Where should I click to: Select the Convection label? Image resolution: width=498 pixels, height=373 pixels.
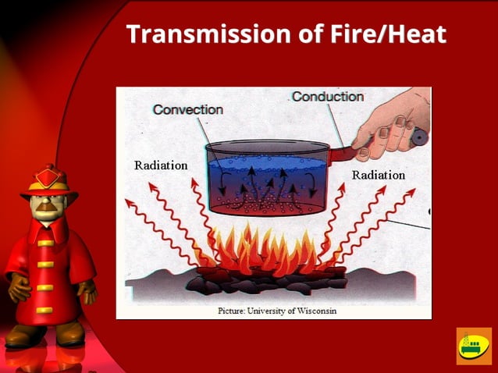(187, 109)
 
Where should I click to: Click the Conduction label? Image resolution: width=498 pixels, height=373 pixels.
(328, 97)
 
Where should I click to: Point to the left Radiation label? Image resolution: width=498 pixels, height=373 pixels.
(161, 165)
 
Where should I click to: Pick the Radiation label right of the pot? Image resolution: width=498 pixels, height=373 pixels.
(378, 175)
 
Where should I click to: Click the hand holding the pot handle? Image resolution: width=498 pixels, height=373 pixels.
(390, 121)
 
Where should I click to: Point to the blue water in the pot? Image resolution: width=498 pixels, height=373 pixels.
(265, 176)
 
